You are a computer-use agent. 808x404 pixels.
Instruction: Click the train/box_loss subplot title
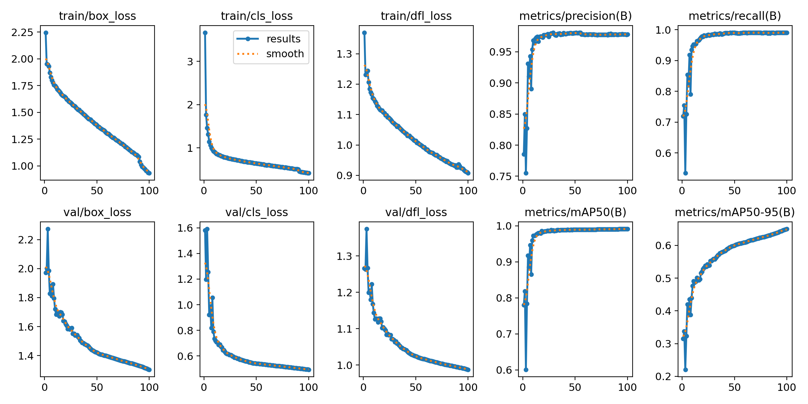tap(97, 16)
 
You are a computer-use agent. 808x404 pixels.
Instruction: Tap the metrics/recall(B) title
tap(735, 16)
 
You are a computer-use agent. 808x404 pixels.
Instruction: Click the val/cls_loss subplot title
tap(257, 212)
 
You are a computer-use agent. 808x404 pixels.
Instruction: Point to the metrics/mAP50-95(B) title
tap(735, 212)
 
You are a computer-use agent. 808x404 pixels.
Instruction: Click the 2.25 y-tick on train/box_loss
tap(23, 33)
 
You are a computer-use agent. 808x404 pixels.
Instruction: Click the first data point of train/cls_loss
tap(205, 33)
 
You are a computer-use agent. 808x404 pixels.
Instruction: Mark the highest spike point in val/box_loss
tap(48, 229)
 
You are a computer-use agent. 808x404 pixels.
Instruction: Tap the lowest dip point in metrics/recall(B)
tap(685, 173)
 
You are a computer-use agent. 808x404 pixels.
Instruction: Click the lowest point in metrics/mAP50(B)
tap(526, 370)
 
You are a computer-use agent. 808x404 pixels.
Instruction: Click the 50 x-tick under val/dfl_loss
tap(415, 387)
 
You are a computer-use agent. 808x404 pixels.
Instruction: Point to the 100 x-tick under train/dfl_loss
tap(468, 191)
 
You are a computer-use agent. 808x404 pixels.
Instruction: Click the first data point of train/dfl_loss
tap(364, 33)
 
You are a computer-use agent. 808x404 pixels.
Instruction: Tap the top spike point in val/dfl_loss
tap(367, 229)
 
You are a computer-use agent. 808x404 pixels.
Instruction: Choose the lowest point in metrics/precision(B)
tap(526, 173)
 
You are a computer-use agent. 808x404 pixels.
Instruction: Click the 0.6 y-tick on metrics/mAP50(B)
tap(504, 370)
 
